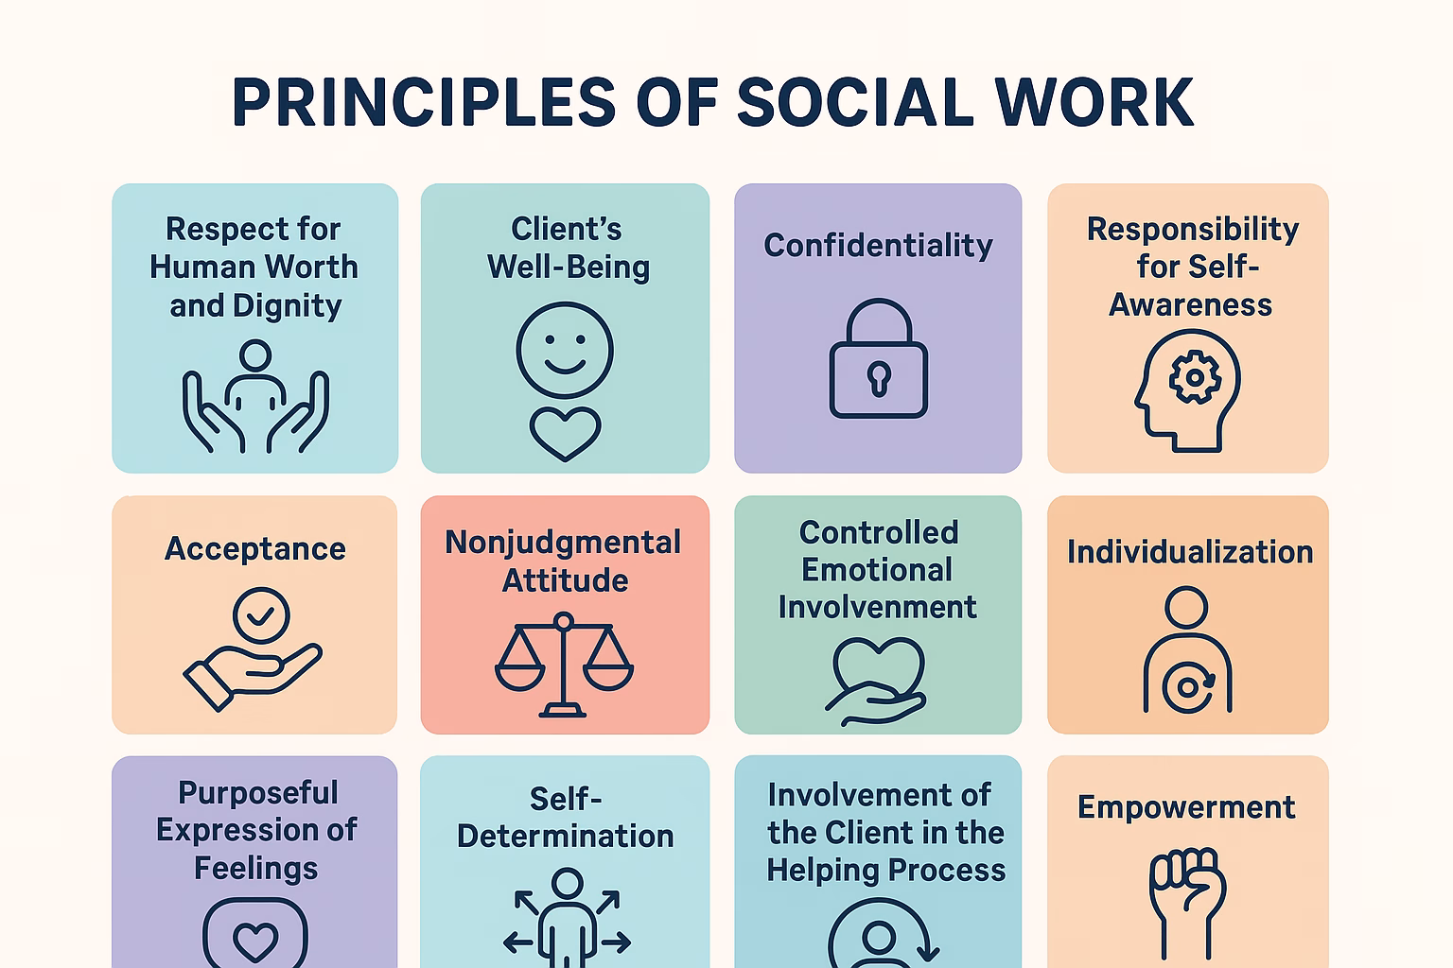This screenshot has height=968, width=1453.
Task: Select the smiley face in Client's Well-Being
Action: tap(565, 350)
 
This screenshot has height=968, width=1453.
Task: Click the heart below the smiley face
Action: tap(565, 433)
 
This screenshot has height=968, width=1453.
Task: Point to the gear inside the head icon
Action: tap(1195, 377)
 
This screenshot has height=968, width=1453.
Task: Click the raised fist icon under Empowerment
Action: tap(1187, 898)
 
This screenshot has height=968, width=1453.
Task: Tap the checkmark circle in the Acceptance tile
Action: tap(261, 615)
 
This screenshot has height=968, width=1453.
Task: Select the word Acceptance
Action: tap(255, 548)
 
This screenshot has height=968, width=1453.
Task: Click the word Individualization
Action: tap(1190, 551)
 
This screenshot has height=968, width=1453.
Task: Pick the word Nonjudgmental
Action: tap(563, 542)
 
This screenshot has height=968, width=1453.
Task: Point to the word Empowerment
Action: tap(1186, 806)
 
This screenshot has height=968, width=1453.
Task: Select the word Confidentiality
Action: tap(878, 245)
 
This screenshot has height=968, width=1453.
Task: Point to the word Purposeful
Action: tap(257, 792)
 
